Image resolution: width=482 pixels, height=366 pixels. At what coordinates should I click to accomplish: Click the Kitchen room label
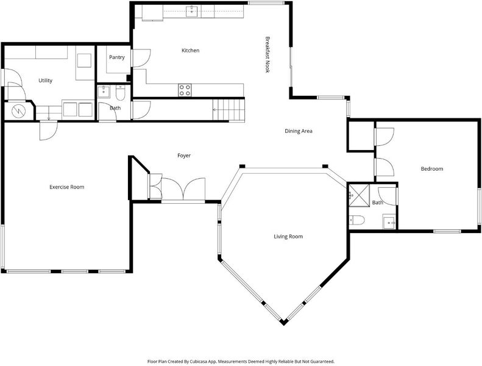click(x=190, y=51)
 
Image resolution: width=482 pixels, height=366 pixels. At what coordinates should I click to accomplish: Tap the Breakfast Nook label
click(x=268, y=55)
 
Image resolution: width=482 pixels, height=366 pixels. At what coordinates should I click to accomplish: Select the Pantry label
click(x=117, y=57)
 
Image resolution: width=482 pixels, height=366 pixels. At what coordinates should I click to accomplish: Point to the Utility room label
click(x=45, y=81)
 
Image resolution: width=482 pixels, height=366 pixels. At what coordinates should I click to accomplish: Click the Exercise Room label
click(x=66, y=187)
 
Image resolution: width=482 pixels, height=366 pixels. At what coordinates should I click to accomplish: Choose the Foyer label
click(x=184, y=156)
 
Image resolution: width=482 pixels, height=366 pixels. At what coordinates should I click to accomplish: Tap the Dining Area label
click(x=299, y=131)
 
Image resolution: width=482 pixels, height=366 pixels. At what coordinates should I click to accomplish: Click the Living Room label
click(x=288, y=237)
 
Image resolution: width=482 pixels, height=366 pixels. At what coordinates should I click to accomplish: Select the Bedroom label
click(x=432, y=169)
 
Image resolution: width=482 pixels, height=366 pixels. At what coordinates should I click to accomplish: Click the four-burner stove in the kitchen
click(x=185, y=90)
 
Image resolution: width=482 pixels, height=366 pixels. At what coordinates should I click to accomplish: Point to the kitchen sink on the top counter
click(x=192, y=12)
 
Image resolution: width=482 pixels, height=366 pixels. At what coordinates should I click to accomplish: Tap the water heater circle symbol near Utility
click(x=18, y=111)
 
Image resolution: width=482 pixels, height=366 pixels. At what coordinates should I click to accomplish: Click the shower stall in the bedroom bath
click(x=359, y=195)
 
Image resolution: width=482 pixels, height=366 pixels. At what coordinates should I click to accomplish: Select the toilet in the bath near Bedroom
click(x=357, y=220)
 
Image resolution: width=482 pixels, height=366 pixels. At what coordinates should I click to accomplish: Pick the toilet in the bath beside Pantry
click(x=120, y=93)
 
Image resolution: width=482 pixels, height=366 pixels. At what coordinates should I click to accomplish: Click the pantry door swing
click(x=141, y=58)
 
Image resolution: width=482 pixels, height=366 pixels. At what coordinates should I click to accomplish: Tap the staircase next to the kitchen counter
click(x=229, y=110)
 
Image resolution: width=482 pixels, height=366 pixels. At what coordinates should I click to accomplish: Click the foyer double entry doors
click(x=183, y=189)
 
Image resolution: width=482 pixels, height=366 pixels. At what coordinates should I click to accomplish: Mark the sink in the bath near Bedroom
click(x=389, y=221)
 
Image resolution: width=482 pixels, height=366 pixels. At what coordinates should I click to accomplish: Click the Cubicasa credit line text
click(x=241, y=361)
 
